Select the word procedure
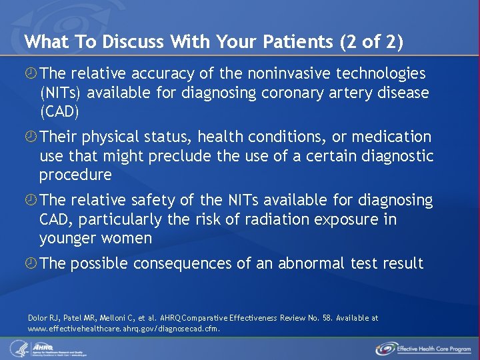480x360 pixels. point(75,175)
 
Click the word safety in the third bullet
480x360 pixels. point(160,201)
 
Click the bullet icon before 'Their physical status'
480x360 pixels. point(31,137)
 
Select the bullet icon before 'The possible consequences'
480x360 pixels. point(31,264)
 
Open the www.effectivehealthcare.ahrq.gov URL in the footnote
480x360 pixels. point(123,329)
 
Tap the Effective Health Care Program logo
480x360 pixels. point(423,348)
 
